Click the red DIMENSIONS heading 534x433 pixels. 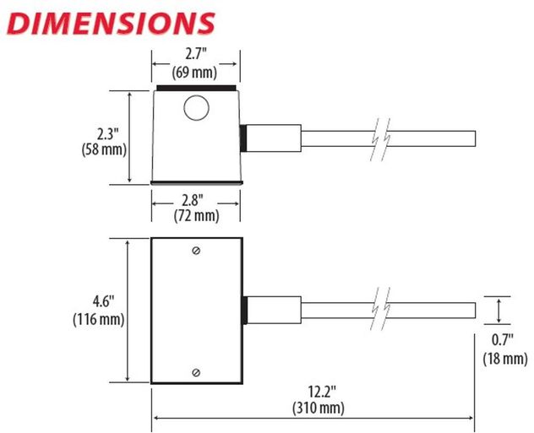coord(111,24)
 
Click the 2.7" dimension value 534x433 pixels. coord(195,54)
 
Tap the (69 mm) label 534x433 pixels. coord(194,72)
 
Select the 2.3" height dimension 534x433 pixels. coord(107,133)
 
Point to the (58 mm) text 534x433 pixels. coord(104,149)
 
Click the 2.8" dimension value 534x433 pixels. coord(192,200)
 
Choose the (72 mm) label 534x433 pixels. coord(196,216)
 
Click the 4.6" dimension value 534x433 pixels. coord(103,301)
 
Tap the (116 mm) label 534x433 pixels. coord(98,319)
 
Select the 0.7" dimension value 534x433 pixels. coord(503,340)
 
